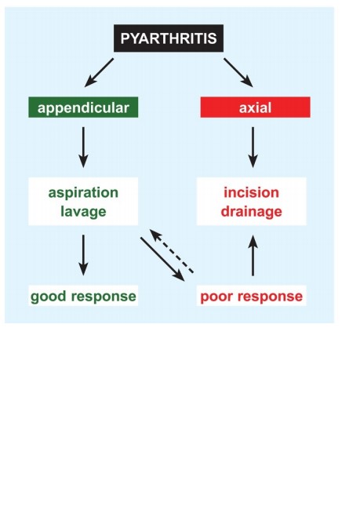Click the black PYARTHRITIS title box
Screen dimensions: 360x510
(169, 38)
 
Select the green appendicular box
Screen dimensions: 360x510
(83, 107)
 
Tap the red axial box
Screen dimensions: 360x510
(255, 107)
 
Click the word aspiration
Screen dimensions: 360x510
(83, 193)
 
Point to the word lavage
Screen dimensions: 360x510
(83, 212)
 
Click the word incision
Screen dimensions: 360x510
(252, 192)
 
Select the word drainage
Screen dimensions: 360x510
(252, 212)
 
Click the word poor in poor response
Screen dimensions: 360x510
(216, 297)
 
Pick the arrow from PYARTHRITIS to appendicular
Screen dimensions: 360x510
(99, 72)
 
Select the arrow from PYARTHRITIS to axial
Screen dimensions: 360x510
(238, 72)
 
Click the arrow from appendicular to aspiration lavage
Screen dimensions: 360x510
(84, 148)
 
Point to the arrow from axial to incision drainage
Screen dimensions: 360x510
(253, 148)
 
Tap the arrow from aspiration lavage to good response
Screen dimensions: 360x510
(84, 255)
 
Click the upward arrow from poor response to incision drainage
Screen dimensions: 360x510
(253, 255)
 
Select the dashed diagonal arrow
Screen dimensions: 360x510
(172, 251)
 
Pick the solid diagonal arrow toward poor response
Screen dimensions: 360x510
(162, 259)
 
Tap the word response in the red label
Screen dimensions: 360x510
(271, 297)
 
